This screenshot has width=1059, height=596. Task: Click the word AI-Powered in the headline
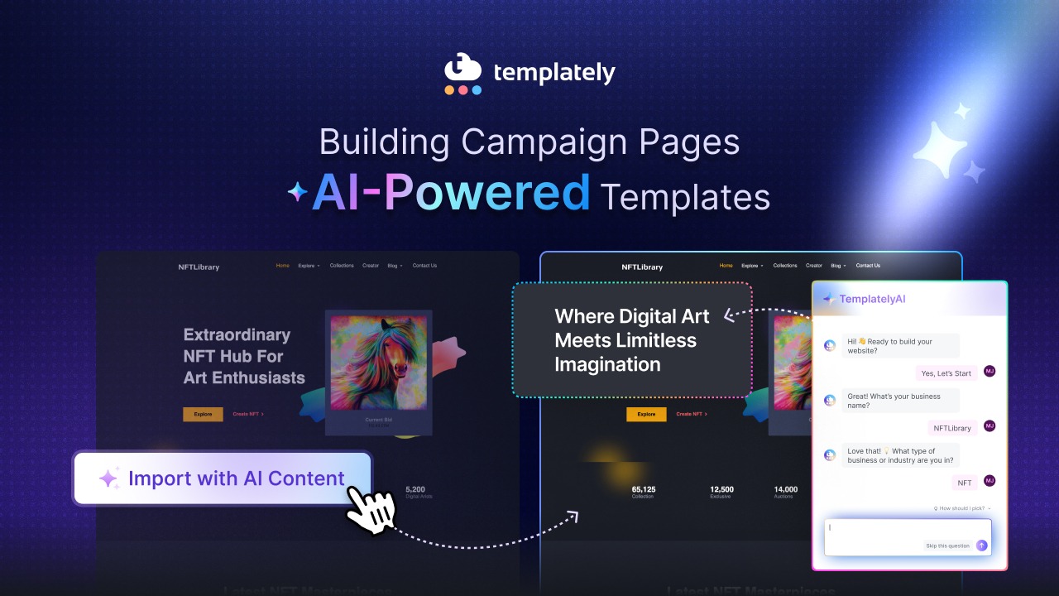click(451, 193)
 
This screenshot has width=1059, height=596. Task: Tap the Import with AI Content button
click(223, 478)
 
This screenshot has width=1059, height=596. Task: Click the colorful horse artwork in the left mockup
click(378, 362)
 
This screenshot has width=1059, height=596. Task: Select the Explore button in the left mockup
click(203, 414)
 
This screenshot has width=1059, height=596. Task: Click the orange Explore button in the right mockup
click(646, 414)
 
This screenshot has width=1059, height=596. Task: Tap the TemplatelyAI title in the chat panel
click(872, 299)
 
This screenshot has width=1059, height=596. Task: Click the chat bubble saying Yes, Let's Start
click(946, 373)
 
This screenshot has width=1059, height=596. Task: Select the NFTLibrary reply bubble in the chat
click(952, 428)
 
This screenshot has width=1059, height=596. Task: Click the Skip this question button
click(947, 546)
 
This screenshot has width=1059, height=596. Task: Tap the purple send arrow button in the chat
click(982, 546)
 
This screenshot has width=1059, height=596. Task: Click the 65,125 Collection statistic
click(643, 492)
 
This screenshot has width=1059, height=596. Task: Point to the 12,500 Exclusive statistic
click(721, 492)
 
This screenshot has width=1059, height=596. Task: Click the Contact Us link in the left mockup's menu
click(424, 266)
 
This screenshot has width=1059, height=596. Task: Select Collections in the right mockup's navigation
click(785, 266)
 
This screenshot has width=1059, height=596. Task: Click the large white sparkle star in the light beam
click(940, 150)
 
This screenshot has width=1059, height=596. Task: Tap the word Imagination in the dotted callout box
click(606, 364)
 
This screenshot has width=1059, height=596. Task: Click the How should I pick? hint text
click(961, 508)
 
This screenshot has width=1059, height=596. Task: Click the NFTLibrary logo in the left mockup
click(199, 267)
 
